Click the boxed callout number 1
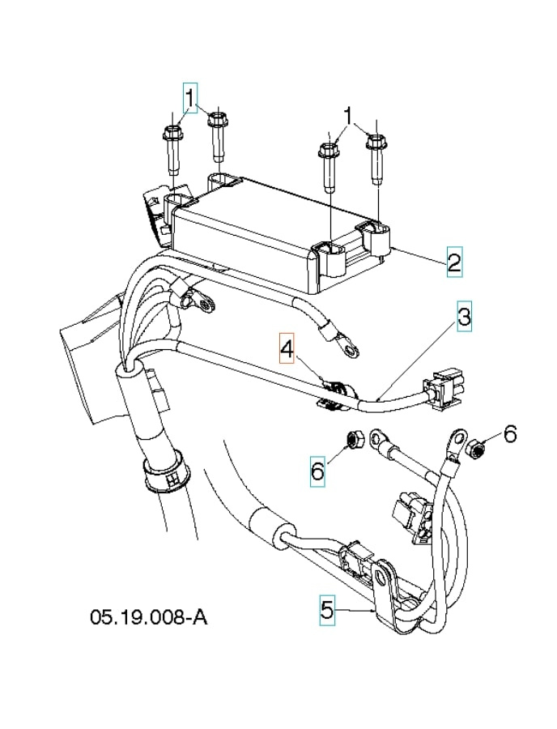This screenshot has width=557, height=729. [190, 98]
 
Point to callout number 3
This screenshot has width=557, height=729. [462, 316]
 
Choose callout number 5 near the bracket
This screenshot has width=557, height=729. [326, 609]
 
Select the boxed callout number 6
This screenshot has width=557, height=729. [317, 468]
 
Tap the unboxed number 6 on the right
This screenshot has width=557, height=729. [509, 435]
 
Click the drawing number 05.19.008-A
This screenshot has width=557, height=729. [148, 617]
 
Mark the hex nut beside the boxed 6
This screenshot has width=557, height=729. [353, 440]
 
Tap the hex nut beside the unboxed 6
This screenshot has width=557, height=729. [478, 446]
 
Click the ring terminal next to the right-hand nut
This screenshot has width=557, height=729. [454, 444]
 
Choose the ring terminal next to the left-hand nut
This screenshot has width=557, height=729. [378, 440]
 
